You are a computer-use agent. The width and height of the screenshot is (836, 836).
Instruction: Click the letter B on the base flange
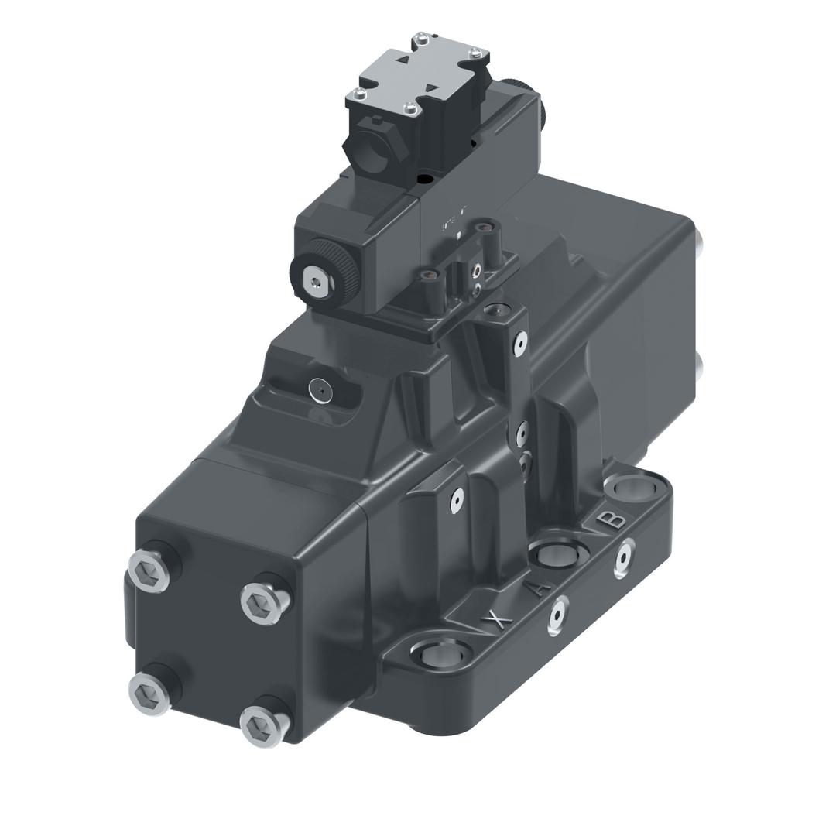(x=612, y=519)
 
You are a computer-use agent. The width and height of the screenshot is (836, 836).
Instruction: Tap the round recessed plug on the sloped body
(x=322, y=390)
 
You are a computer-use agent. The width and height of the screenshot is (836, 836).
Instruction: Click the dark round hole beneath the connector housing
(x=425, y=178)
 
